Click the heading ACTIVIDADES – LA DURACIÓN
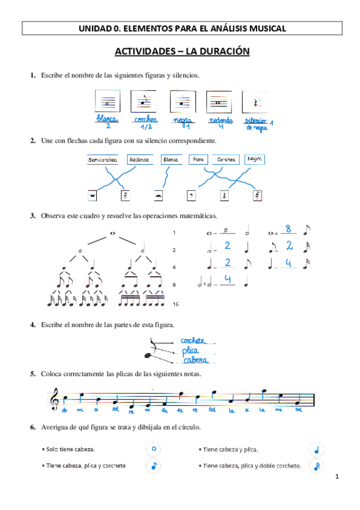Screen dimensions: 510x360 click(x=182, y=52)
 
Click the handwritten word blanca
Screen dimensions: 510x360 click(x=108, y=118)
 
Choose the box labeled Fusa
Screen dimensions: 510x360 click(x=198, y=160)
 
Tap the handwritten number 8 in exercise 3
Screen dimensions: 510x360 click(x=289, y=229)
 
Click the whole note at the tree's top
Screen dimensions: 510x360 click(x=112, y=233)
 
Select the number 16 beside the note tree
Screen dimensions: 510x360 click(x=175, y=304)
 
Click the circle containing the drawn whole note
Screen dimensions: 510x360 click(x=154, y=448)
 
